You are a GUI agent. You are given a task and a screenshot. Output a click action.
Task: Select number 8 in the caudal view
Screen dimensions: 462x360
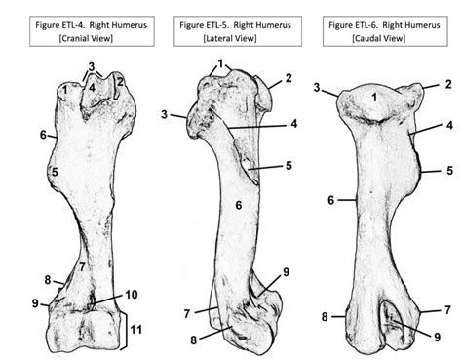[325, 316]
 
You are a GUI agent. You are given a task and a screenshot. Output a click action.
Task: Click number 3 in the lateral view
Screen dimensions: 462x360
[165, 115]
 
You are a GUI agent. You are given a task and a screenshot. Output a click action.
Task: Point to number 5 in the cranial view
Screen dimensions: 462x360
[56, 173]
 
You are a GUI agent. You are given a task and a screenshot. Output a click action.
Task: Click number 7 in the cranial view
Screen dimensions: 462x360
[83, 266]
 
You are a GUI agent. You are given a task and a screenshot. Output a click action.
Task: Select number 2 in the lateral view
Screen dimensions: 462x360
[289, 78]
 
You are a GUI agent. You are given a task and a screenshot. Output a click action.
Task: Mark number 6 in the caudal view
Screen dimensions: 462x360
[331, 201]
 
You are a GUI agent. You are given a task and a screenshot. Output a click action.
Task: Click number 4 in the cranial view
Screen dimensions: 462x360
[91, 86]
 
